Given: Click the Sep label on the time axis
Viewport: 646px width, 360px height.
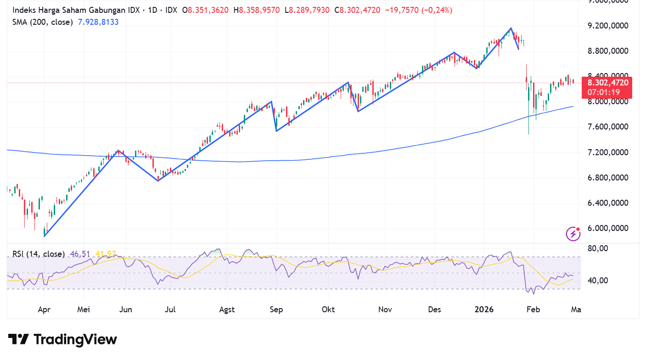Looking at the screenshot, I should [276, 309].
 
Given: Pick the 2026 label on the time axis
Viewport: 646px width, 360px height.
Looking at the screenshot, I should [484, 309].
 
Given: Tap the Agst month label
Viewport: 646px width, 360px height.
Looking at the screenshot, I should [227, 309].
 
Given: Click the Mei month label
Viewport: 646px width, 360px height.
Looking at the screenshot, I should [83, 309].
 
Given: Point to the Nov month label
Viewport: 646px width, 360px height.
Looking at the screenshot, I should [385, 309].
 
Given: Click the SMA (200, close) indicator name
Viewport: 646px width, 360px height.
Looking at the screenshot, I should [42, 22].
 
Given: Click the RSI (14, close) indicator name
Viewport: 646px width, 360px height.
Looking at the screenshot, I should [38, 254].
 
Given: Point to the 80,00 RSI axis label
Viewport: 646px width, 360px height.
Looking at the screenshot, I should [598, 248].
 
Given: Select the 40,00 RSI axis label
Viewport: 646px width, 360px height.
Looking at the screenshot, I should [598, 281].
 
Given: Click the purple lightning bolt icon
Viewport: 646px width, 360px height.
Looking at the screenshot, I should [573, 234].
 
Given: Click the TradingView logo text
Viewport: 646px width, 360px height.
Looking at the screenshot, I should [63, 340].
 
